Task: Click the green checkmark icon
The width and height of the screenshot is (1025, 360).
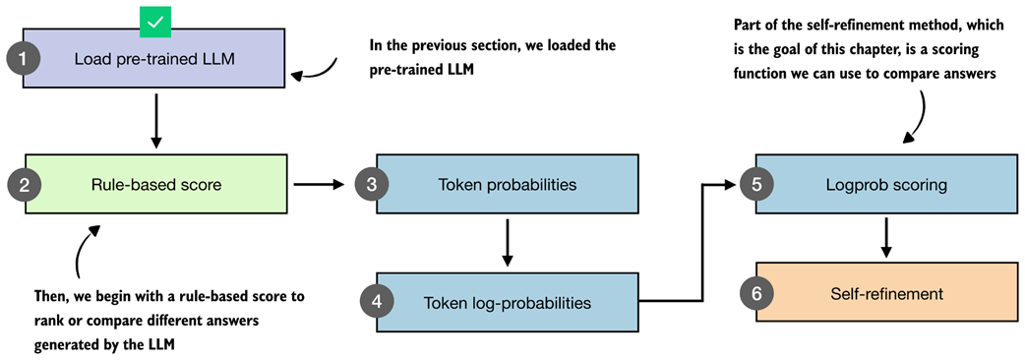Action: coord(155,23)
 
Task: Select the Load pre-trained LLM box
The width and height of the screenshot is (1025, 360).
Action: coord(154,58)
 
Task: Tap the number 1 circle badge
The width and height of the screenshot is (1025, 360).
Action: coord(24,59)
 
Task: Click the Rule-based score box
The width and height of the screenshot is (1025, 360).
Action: coord(155,184)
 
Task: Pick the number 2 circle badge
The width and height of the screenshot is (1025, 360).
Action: coord(25,185)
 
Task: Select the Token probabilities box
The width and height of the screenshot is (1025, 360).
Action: coord(508,184)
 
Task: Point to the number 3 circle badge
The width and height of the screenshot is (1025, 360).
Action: coord(372,185)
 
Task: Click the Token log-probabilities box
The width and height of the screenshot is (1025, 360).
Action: coord(508,303)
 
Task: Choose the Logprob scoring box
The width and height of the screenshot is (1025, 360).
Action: coord(886,184)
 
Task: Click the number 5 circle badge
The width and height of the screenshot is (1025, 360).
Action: coord(756,185)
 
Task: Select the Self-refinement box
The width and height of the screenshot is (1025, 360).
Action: coord(886,293)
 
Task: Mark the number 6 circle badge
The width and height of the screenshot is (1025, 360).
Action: coord(756,293)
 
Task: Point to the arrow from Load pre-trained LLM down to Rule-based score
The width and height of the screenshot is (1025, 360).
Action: coord(154,121)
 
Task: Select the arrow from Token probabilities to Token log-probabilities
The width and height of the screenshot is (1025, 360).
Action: coord(508,242)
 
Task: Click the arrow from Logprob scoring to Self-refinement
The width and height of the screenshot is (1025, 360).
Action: coord(886,237)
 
